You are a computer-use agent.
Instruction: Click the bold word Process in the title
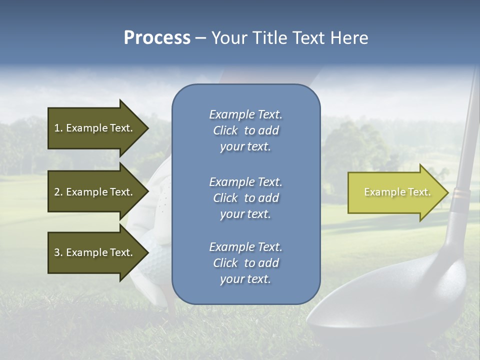tap(157, 38)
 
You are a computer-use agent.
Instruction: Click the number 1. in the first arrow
tap(58, 128)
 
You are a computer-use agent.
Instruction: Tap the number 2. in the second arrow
tap(58, 192)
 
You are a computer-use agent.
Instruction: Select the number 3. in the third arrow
tap(58, 252)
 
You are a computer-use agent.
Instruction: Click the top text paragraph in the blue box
tap(245, 130)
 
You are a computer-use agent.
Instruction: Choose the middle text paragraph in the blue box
tap(245, 198)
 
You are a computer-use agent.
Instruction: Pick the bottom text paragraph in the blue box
tap(245, 263)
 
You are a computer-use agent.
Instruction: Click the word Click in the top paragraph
tap(225, 130)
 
